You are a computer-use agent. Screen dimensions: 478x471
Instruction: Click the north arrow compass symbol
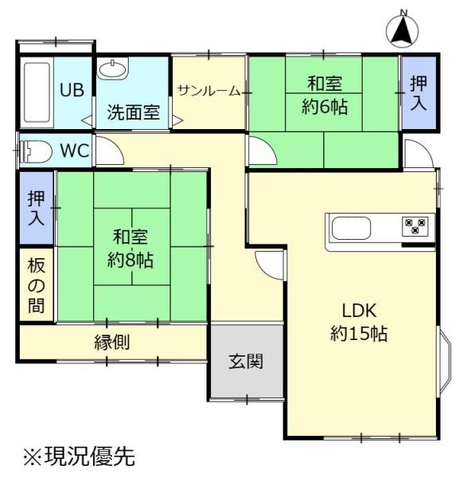point(403,29)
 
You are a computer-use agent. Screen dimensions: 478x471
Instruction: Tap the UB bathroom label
point(72,89)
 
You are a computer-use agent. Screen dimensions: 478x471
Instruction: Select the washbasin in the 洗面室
point(112,71)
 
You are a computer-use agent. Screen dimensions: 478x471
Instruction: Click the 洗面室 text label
point(133,113)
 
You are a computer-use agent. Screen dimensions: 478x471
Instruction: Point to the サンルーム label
point(208,90)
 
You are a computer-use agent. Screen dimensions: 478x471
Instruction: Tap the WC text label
point(75,151)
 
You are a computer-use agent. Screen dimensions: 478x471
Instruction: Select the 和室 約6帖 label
point(324,95)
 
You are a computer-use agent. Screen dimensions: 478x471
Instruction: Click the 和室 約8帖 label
point(131,248)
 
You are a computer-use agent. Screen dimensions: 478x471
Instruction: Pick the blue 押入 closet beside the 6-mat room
point(418,92)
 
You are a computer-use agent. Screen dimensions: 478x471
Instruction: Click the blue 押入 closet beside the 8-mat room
point(37,208)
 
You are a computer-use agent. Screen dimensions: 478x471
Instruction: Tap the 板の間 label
point(37,285)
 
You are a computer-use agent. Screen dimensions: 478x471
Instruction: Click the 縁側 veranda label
point(112,343)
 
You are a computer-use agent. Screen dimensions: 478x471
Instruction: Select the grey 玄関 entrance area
point(247,361)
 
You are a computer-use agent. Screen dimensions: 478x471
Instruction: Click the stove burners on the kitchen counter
point(416,227)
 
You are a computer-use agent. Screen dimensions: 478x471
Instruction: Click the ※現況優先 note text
point(79,457)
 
